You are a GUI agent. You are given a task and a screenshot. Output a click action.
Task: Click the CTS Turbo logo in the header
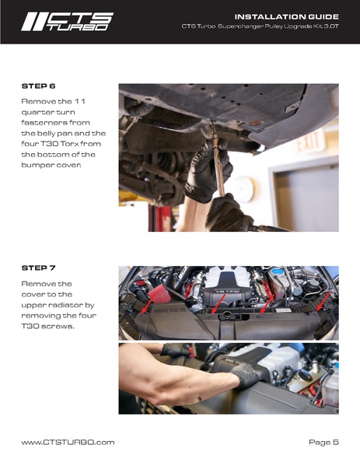(67, 22)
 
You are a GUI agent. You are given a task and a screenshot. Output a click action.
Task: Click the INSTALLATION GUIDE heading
(287, 16)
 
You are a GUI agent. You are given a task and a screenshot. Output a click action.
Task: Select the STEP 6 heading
(39, 86)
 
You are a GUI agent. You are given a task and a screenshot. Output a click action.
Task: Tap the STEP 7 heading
(39, 268)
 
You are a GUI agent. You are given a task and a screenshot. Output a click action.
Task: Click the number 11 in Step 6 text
(79, 101)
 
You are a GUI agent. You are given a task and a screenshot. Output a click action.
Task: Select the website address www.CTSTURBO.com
(68, 442)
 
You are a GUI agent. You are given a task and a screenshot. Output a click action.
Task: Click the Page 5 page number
(323, 442)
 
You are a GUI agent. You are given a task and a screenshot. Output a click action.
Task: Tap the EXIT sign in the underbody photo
(311, 142)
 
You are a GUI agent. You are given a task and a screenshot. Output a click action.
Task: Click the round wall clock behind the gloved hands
(244, 189)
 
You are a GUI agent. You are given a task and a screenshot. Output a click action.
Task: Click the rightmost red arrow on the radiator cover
(323, 301)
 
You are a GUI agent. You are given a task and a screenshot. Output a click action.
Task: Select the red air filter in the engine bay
(159, 293)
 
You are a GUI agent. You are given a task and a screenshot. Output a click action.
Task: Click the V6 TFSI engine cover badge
(227, 293)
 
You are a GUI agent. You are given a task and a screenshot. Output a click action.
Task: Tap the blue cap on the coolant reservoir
(277, 272)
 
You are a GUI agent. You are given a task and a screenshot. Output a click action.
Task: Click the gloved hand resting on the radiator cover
(245, 375)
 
